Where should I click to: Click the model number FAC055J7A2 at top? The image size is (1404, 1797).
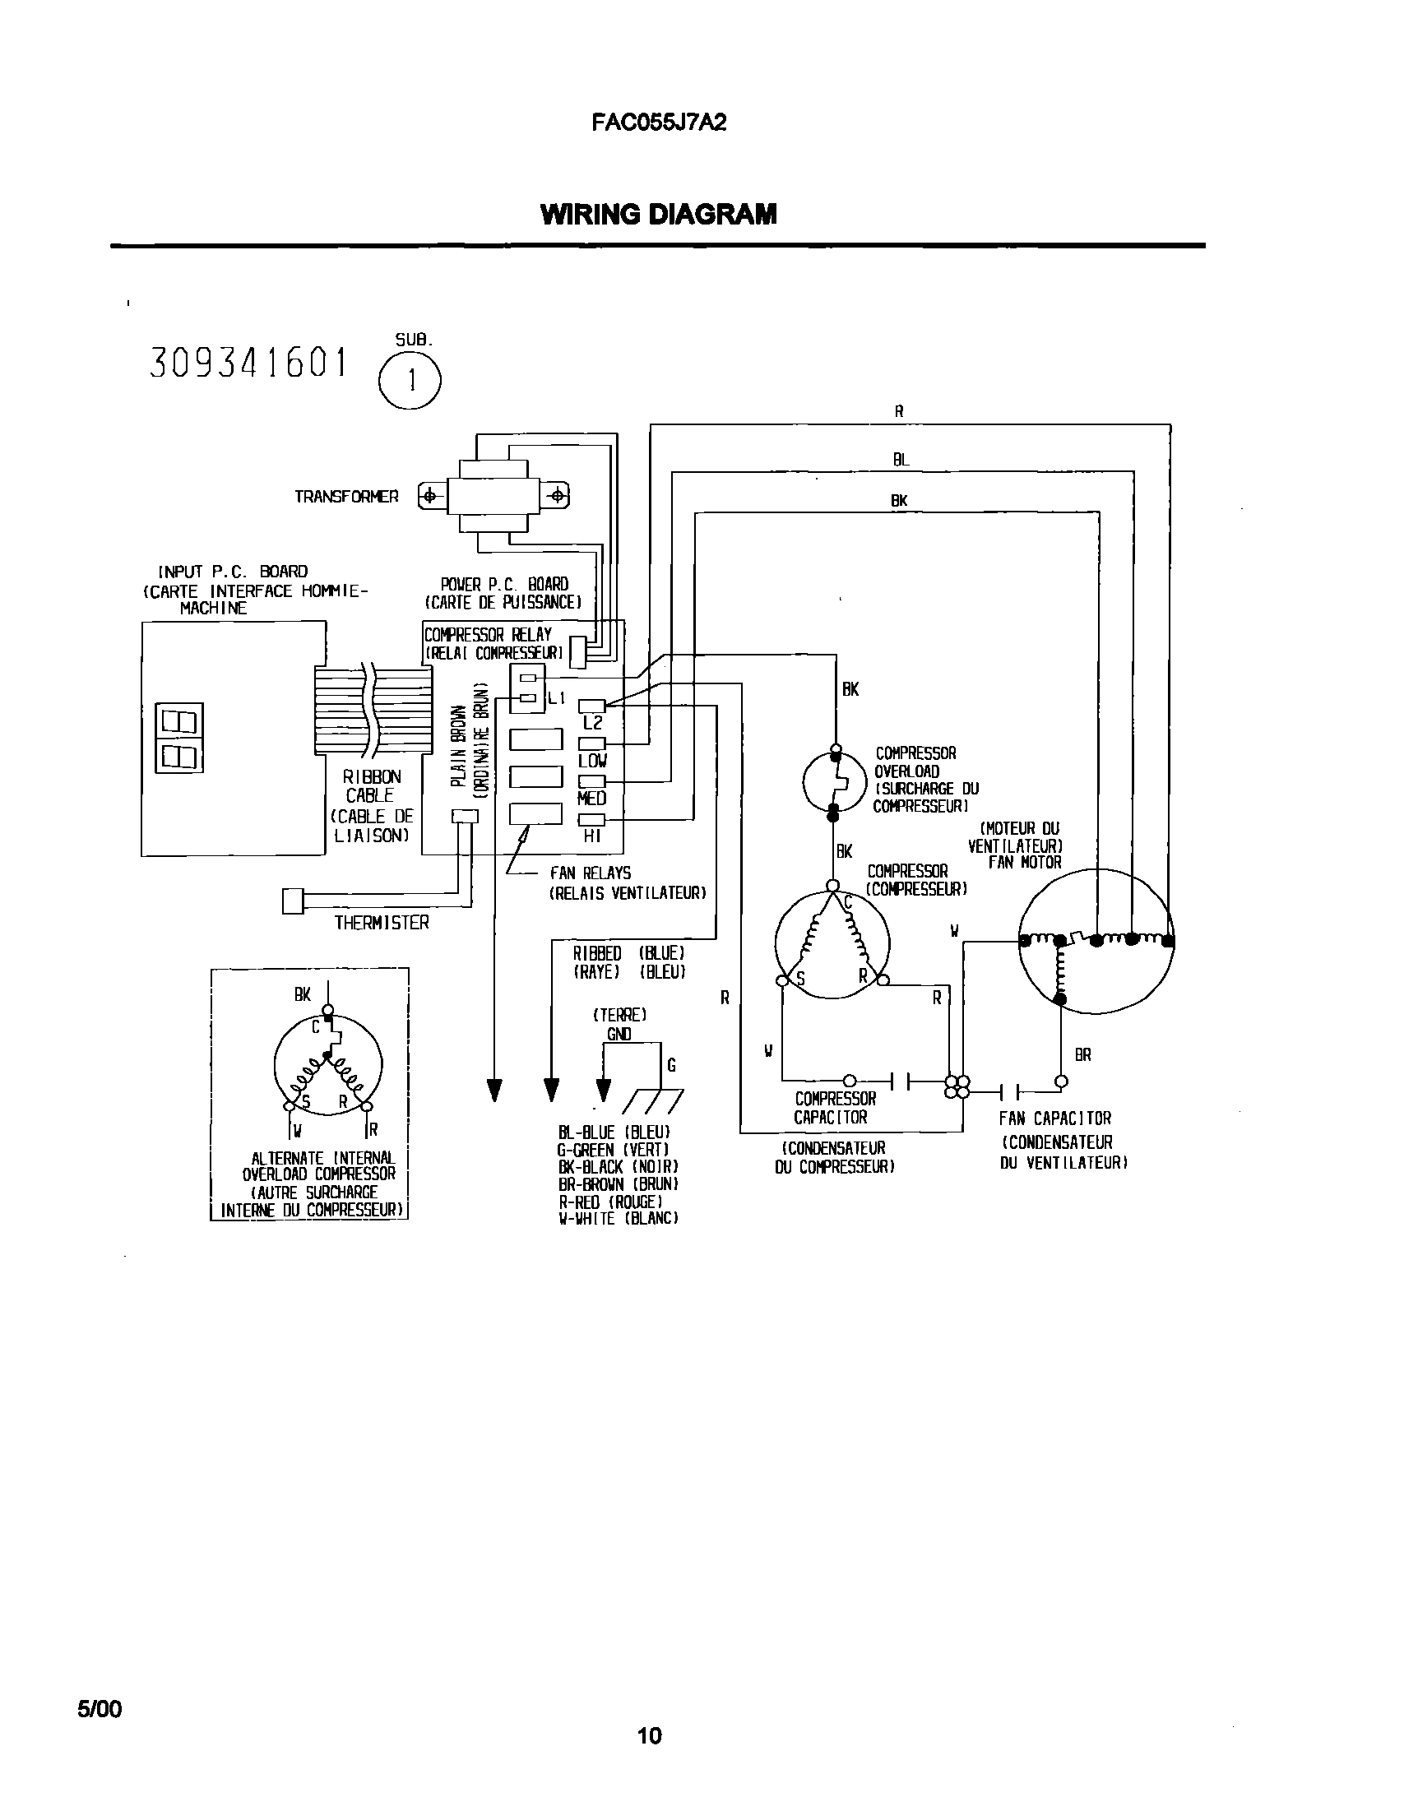658,123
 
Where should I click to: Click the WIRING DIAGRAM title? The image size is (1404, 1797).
658,215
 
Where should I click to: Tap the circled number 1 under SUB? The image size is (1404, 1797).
410,380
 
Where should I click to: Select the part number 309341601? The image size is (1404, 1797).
249,363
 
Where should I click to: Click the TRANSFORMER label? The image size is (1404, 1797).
346,497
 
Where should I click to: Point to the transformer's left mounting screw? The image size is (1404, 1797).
429,496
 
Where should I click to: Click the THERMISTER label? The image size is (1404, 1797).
382,924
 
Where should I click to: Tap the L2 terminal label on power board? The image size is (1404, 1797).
592,723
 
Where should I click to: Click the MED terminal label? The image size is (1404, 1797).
591,798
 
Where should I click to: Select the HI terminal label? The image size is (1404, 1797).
591,836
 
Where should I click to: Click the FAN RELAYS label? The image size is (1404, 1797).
590,873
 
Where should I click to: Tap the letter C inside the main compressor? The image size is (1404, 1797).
849,904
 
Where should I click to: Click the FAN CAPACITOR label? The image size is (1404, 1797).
1054,1118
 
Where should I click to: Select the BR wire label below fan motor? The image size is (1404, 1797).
1082,1055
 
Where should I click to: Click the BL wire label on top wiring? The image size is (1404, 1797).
901,460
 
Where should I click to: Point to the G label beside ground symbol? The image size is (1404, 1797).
671,1066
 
